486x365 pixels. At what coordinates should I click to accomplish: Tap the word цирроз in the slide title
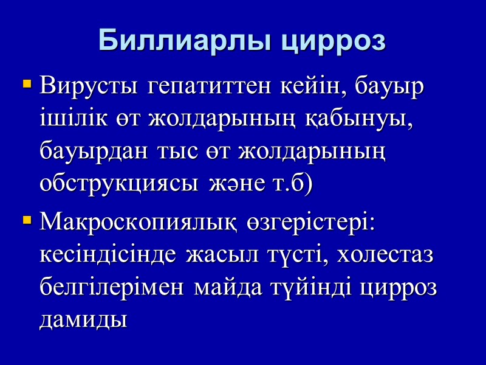[x=333, y=41]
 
